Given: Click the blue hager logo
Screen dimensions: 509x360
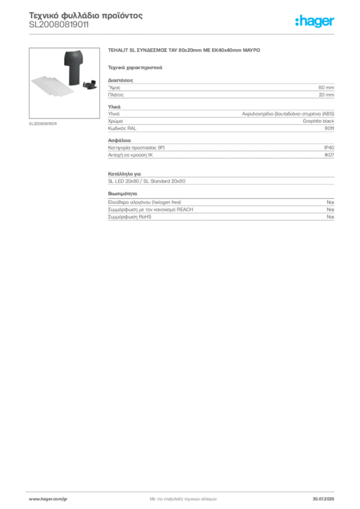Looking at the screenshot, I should click(315, 22).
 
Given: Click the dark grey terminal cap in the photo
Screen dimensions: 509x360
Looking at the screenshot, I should click(73, 67).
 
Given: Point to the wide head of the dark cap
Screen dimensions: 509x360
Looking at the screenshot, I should click(74, 56).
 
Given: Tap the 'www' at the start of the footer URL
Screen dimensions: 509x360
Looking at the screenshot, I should click(33, 498).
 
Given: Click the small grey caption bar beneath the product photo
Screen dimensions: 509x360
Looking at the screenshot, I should click(44, 123).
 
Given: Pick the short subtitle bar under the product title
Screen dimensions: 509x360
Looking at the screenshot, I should click(135, 67).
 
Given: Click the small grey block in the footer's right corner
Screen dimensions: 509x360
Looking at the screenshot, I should click(326, 495).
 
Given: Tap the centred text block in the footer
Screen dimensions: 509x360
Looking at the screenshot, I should click(182, 497).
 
